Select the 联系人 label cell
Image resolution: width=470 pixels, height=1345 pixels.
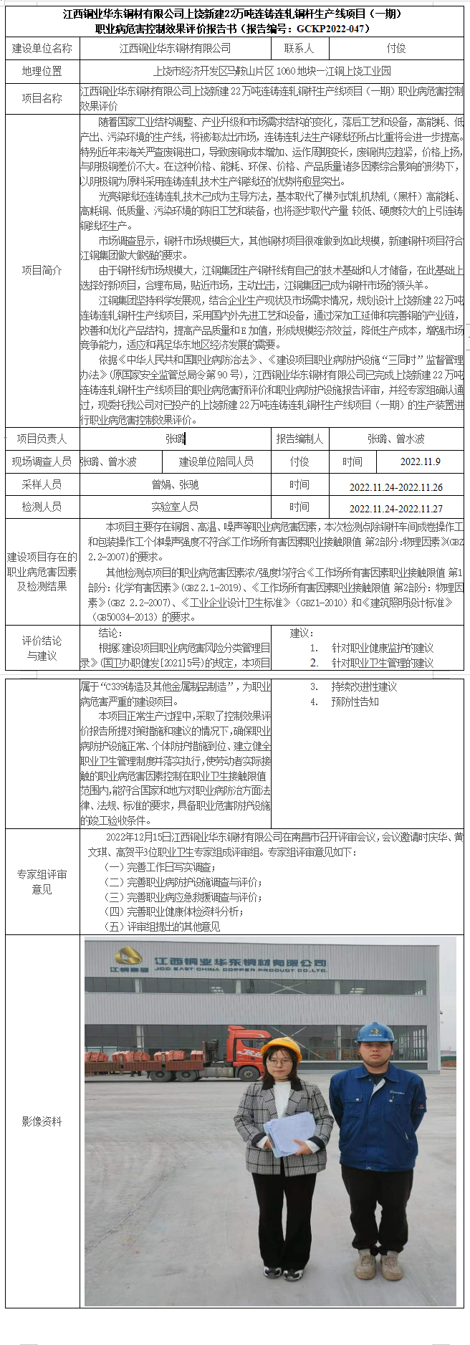(299, 48)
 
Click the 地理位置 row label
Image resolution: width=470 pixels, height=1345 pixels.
(42, 71)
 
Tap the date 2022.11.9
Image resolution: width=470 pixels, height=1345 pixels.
(421, 461)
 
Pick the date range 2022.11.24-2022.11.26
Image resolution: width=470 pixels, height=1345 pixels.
(395, 487)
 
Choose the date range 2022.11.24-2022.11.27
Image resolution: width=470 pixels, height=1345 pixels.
(395, 508)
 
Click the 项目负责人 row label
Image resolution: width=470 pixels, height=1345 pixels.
(42, 439)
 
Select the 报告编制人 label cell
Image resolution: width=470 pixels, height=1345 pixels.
(299, 439)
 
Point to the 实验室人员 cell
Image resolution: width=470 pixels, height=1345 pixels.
(175, 507)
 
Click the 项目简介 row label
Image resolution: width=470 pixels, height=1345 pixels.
(42, 270)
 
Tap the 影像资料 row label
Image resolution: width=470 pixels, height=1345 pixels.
(42, 1121)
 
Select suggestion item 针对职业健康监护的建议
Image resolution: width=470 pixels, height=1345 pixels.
(382, 648)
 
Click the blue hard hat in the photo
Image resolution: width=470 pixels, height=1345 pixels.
(376, 1033)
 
